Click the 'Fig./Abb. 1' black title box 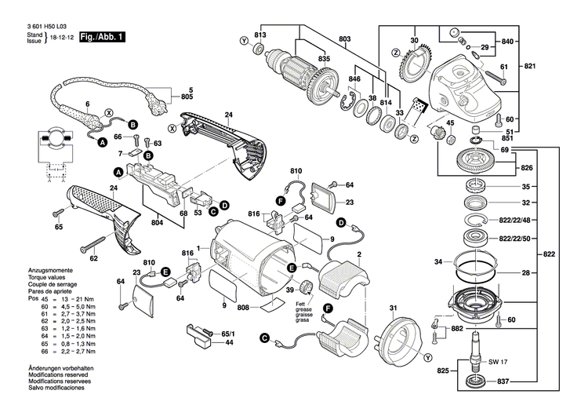click(101, 37)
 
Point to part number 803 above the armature click(344, 38)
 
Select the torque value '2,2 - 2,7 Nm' click(80, 354)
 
